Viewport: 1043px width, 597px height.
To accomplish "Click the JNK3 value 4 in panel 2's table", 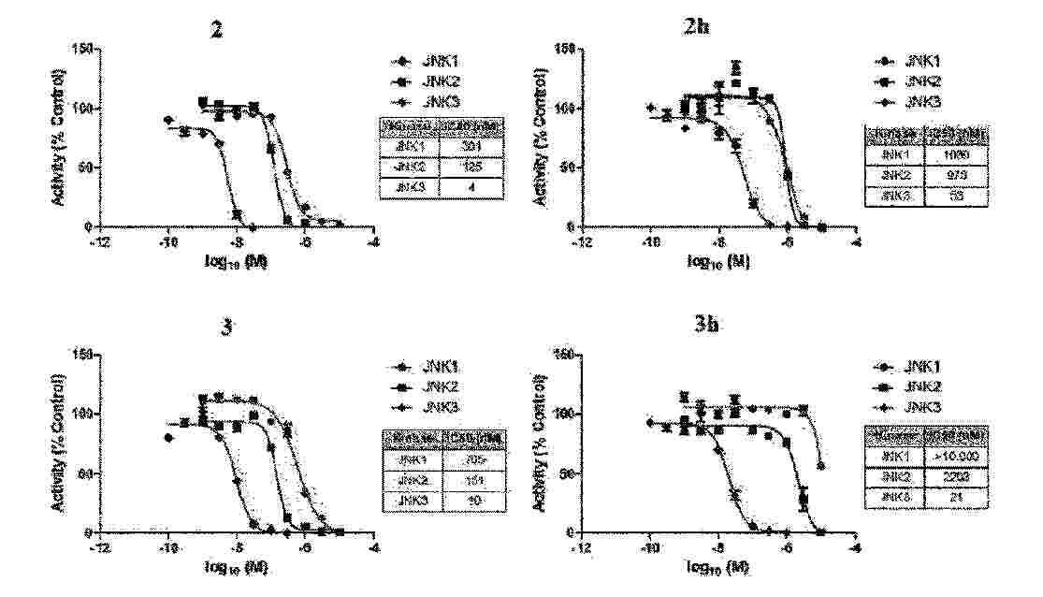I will (474, 187).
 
